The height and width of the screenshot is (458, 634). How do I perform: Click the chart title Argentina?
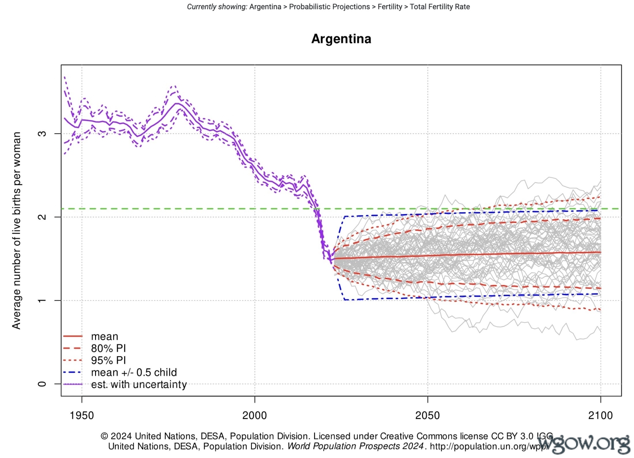341,39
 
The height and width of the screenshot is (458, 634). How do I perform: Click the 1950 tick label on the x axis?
82,415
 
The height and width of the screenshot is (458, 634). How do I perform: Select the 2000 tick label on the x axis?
254,415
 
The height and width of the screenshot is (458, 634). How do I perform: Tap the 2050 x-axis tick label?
427,415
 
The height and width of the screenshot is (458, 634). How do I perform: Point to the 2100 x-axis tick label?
600,415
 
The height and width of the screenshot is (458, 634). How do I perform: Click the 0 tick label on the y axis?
42,384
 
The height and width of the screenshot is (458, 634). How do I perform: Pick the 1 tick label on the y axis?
42,301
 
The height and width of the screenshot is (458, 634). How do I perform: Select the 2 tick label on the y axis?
42,217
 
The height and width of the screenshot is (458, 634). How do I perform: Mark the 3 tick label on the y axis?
42,134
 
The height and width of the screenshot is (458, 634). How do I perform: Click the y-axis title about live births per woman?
16,230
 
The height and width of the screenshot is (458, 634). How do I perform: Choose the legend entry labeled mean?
104,337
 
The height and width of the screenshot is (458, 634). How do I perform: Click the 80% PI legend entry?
108,348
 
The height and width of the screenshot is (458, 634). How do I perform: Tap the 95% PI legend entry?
108,360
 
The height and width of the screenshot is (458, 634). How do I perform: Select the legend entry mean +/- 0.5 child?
134,373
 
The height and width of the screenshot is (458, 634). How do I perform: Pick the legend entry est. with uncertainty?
139,384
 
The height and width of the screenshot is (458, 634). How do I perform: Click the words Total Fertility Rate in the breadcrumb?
440,7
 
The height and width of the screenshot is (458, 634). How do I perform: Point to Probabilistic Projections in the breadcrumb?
329,7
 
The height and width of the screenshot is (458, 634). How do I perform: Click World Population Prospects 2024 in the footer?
355,447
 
